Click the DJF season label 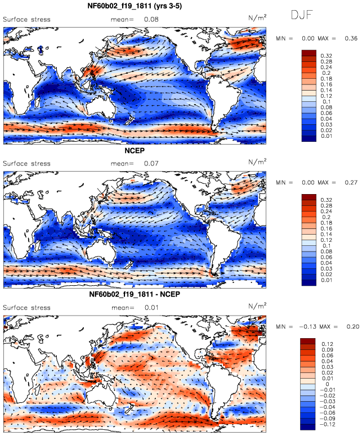coord(302,15)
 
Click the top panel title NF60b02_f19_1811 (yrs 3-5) coord(135,6)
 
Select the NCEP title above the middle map coord(135,150)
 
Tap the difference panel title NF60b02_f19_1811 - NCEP coord(135,294)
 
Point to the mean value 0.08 coord(151,20)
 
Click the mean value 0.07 coord(151,164)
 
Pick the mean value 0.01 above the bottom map coord(151,308)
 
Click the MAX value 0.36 coord(351,38)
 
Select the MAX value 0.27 coord(351,182)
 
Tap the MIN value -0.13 coord(308,326)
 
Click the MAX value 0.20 coord(353,326)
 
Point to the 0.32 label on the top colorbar coord(327,56)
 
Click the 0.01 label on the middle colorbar coord(327,280)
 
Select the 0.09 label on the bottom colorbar coord(327,350)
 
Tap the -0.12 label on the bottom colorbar coord(327,424)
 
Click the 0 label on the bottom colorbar coord(327,384)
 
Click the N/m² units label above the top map coord(257,17)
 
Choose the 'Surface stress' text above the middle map coord(26,164)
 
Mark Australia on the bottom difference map coord(101,397)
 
